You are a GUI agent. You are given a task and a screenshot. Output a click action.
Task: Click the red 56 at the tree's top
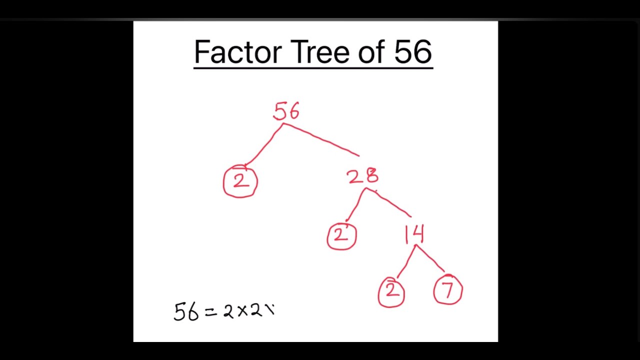point(286,111)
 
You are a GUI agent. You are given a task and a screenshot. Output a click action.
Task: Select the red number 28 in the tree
point(363,176)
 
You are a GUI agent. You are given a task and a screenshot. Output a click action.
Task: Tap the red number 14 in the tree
point(415,234)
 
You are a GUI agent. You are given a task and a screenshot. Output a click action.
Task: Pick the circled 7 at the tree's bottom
point(448,291)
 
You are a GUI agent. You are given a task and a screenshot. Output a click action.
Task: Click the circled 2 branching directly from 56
point(240,181)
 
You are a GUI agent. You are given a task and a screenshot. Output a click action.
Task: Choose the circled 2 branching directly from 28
point(341,235)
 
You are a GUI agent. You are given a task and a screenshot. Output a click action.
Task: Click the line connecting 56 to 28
point(321,139)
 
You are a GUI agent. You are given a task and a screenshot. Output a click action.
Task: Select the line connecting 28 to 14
point(390,203)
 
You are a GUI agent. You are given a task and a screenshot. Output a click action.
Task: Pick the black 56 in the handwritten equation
point(186,311)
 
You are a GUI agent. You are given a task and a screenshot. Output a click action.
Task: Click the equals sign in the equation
point(211,312)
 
